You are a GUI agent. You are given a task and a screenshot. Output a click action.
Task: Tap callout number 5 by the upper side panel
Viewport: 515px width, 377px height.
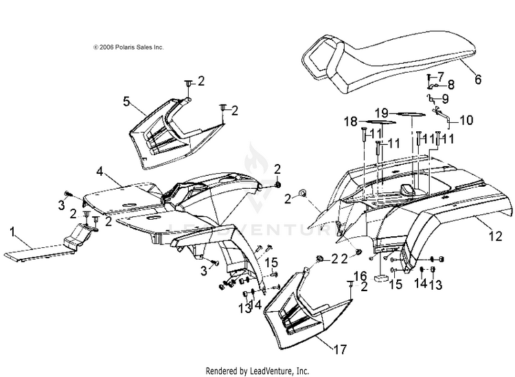126,101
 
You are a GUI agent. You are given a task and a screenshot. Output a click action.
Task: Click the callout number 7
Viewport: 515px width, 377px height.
441,75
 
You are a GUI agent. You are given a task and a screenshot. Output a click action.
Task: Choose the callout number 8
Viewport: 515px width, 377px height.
450,85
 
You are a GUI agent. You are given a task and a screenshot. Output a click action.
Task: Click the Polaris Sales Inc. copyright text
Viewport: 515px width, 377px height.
128,47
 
